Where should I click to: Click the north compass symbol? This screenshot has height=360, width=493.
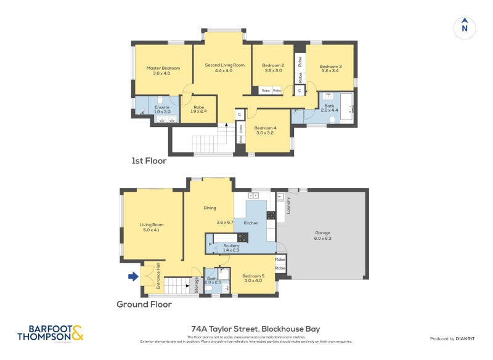(x=465, y=28)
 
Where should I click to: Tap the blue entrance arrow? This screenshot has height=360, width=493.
(x=132, y=277)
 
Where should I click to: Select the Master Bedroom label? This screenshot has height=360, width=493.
(x=163, y=68)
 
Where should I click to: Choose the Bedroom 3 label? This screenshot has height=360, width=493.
(x=330, y=67)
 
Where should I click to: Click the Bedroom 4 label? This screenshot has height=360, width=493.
(x=267, y=128)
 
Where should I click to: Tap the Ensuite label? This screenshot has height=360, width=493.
(x=162, y=107)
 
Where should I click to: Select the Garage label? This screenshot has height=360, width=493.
(x=322, y=232)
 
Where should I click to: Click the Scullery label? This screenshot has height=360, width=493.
(x=231, y=245)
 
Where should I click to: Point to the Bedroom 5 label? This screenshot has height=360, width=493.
(x=253, y=276)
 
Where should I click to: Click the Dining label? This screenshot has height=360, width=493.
(x=210, y=208)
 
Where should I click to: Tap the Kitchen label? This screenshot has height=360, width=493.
(x=251, y=223)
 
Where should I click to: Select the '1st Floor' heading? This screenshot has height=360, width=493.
(x=149, y=161)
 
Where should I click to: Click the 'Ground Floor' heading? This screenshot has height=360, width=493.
(x=144, y=304)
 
